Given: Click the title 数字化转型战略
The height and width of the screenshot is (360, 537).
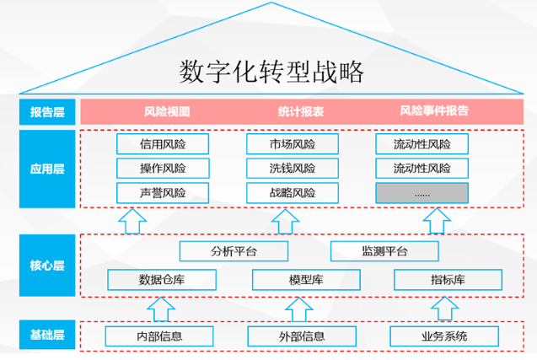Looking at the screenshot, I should [x=271, y=72].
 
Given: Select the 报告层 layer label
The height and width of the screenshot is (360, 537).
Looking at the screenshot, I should [x=48, y=110].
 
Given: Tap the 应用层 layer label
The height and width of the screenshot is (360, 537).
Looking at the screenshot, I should [x=48, y=168].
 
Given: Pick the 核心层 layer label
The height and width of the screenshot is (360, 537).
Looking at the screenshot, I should [x=48, y=265].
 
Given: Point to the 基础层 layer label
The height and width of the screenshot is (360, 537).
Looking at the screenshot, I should [x=48, y=336].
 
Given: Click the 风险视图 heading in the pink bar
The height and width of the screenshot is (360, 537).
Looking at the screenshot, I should [x=167, y=110].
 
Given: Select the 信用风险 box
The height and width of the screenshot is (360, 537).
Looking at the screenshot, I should [x=163, y=144].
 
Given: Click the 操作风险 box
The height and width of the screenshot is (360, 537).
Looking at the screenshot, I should [x=163, y=169].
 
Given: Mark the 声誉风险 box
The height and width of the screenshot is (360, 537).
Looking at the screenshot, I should [x=163, y=193].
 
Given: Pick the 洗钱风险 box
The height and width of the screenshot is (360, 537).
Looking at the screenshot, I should [x=293, y=169].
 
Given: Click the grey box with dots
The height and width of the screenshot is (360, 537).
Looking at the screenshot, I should [x=422, y=193].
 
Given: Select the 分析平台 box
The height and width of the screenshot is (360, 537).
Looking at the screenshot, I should [x=234, y=251].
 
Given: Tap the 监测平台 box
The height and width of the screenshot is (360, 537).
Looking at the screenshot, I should [x=384, y=251].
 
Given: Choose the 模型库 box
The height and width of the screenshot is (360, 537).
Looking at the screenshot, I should [x=299, y=280].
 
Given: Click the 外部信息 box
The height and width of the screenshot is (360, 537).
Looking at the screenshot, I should [x=301, y=336].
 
